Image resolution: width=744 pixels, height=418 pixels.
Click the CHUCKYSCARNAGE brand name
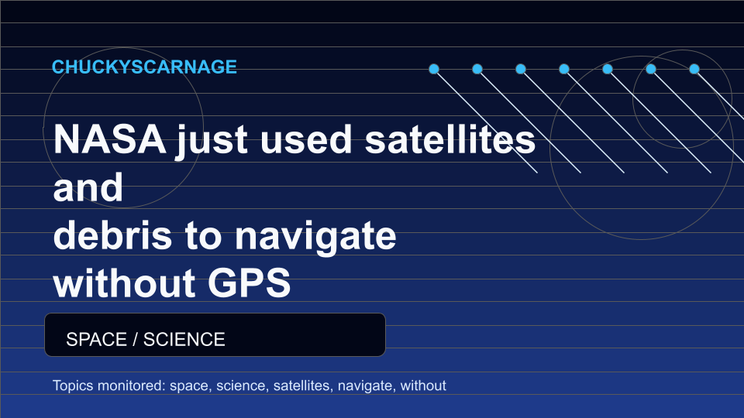coord(144,67)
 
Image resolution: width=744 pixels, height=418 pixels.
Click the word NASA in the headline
coord(109,139)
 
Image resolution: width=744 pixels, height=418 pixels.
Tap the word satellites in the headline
coord(449,139)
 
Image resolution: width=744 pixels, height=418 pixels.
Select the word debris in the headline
coord(112,235)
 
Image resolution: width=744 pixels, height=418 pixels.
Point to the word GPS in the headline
coord(249,283)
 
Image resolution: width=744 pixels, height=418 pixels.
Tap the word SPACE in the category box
coord(96,339)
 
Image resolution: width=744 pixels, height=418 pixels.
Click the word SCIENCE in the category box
coord(184,339)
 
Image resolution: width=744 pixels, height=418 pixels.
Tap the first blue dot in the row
coord(434,69)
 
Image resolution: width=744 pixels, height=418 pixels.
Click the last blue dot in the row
coord(694,69)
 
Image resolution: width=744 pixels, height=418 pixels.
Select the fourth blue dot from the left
coord(563,69)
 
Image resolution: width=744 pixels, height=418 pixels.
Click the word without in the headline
coord(124,283)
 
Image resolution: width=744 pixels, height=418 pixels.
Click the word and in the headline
coord(88,187)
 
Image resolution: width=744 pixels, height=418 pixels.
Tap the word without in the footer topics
coord(423,385)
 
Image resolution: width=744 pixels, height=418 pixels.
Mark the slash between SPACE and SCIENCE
coord(135,339)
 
